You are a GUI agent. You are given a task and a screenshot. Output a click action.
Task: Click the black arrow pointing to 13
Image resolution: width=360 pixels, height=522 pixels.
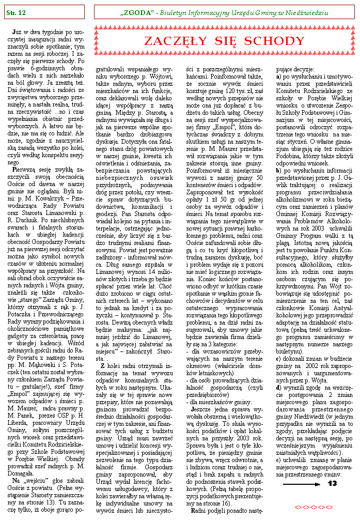click(x=303, y=484)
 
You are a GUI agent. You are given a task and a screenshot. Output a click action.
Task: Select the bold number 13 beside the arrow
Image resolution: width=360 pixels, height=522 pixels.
click(x=332, y=484)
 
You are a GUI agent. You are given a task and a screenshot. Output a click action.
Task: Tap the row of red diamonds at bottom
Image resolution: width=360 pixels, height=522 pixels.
click(x=307, y=507)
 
